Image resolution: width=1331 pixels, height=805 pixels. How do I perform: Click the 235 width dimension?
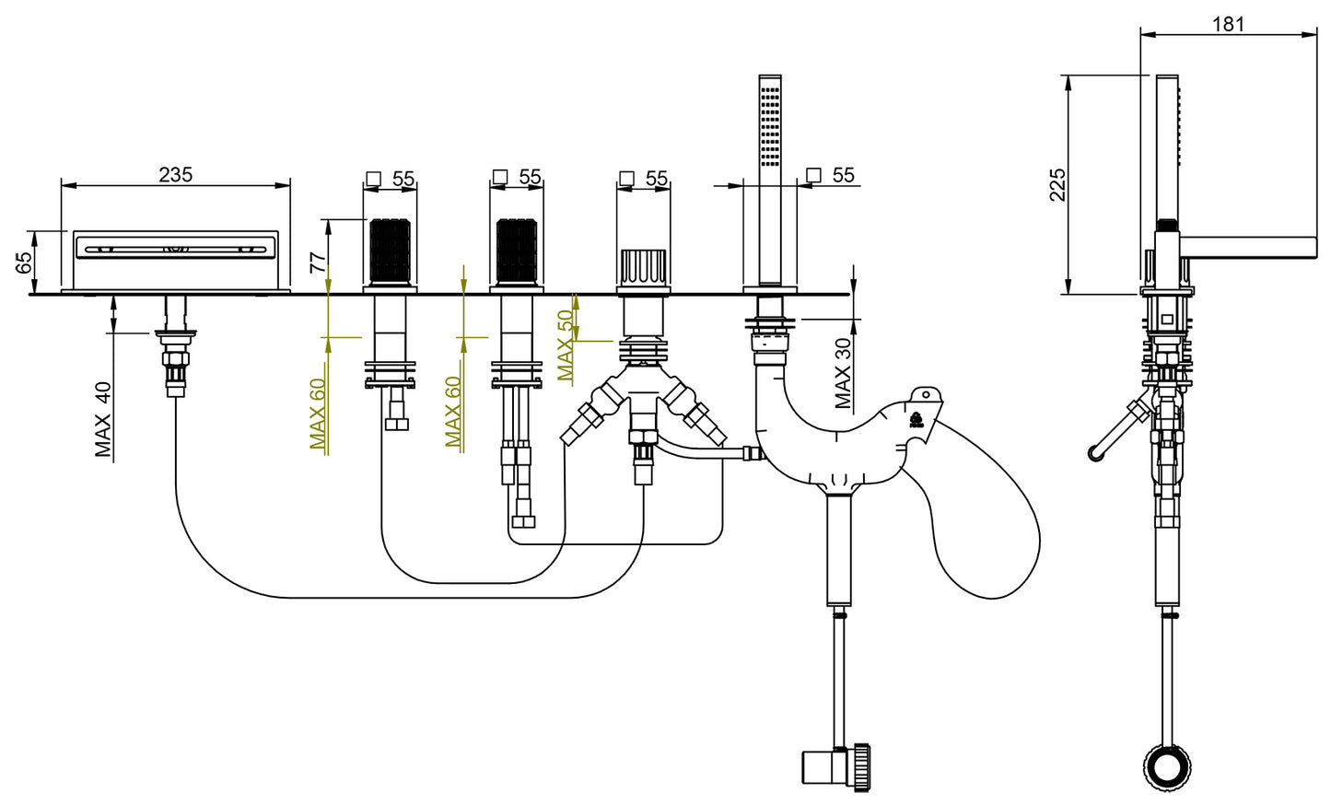(x=176, y=174)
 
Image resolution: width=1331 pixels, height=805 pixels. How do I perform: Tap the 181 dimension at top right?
(x=1228, y=24)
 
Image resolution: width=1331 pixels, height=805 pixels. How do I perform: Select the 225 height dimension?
(x=1057, y=184)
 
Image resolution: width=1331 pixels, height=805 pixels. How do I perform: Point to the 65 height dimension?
(x=25, y=262)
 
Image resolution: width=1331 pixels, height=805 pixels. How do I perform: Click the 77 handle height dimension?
(x=319, y=262)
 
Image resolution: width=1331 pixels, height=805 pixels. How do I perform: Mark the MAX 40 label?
(x=103, y=420)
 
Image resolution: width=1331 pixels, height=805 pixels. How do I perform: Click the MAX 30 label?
(x=843, y=373)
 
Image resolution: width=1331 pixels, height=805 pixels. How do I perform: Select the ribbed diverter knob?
(x=643, y=267)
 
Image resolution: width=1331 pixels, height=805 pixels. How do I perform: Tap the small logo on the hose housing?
(x=916, y=421)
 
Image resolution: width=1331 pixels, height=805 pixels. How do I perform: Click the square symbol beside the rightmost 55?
(x=813, y=175)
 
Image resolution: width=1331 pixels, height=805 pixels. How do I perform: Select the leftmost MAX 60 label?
(x=317, y=414)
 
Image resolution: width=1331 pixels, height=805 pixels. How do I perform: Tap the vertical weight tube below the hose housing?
(x=838, y=549)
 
